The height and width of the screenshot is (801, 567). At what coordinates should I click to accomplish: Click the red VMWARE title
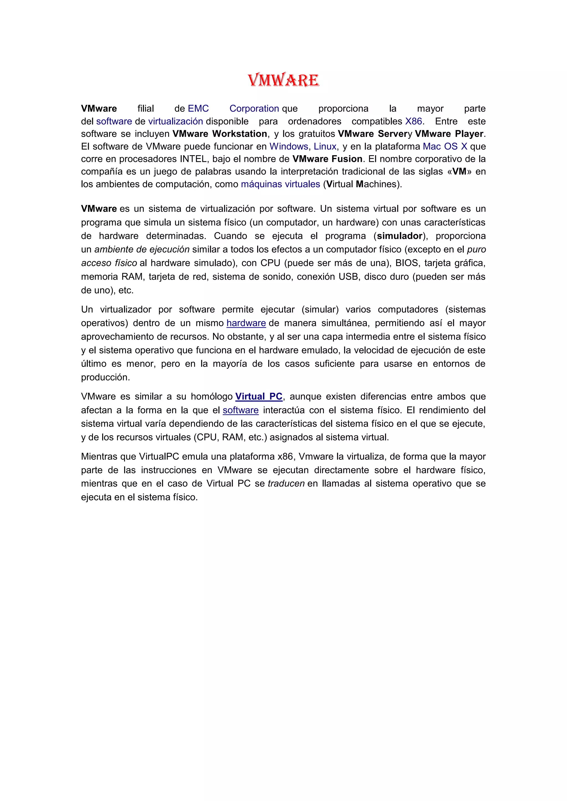(x=283, y=80)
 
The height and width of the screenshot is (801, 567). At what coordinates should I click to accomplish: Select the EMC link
(x=198, y=108)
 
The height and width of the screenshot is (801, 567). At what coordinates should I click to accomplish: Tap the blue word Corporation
(x=254, y=108)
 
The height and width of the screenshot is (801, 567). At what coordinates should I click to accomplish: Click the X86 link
(x=413, y=121)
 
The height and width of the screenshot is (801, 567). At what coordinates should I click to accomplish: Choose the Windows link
(x=289, y=147)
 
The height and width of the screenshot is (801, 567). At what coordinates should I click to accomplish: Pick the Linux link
(x=325, y=147)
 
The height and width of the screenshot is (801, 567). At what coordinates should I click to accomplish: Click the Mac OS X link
(x=445, y=147)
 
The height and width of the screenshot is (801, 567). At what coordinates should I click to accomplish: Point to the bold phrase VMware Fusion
(x=327, y=159)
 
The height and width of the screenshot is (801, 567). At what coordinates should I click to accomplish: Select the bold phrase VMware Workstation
(x=220, y=134)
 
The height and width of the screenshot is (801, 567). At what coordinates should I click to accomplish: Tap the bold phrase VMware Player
(x=449, y=134)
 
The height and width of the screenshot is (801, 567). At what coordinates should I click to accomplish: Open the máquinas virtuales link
(x=280, y=184)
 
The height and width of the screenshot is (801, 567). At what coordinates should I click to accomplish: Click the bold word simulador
(x=400, y=236)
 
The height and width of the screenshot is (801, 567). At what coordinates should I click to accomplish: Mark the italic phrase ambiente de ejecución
(x=142, y=249)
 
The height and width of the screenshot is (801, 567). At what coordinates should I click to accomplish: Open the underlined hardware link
(x=246, y=323)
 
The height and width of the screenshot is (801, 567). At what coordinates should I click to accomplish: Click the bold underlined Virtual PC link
(x=259, y=397)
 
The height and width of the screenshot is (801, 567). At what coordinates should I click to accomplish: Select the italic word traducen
(x=286, y=484)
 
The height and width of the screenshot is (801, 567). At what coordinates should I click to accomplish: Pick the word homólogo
(x=212, y=397)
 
